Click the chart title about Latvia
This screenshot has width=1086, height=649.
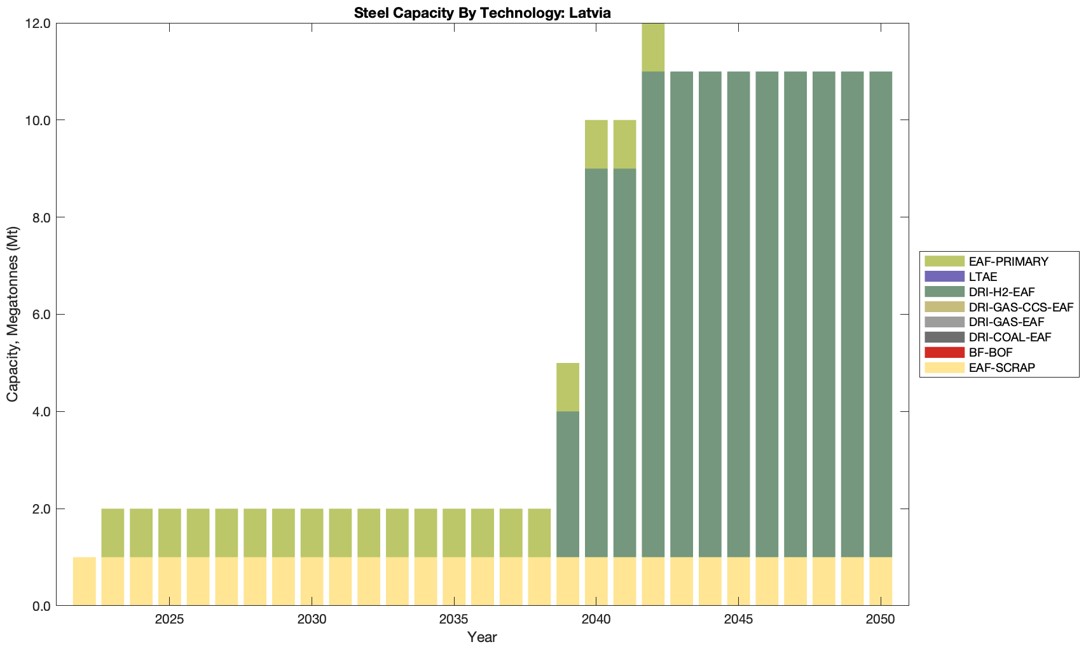coord(483,13)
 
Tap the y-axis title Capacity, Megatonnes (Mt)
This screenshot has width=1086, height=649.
coord(13,315)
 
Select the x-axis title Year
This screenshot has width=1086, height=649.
coord(482,637)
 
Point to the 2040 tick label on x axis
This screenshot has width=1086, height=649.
coord(596,620)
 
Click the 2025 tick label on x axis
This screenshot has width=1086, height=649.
coord(169,620)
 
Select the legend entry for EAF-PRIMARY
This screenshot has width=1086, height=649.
coord(1008,261)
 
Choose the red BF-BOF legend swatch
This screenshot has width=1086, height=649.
coord(945,352)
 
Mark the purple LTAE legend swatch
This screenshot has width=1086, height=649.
coord(945,277)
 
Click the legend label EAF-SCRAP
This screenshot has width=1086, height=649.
coord(1002,367)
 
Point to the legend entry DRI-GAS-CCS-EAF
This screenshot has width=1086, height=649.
coord(1021,307)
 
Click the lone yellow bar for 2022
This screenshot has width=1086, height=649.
coord(85,582)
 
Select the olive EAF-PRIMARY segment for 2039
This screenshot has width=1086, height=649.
coord(568,387)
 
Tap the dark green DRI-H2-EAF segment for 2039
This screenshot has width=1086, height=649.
coord(568,484)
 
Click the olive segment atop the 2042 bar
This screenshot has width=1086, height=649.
coord(653,48)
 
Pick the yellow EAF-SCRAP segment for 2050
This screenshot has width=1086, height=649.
coord(881,582)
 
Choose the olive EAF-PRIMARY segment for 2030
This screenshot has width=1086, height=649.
coord(312,533)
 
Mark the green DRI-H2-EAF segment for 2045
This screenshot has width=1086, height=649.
coord(738,315)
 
